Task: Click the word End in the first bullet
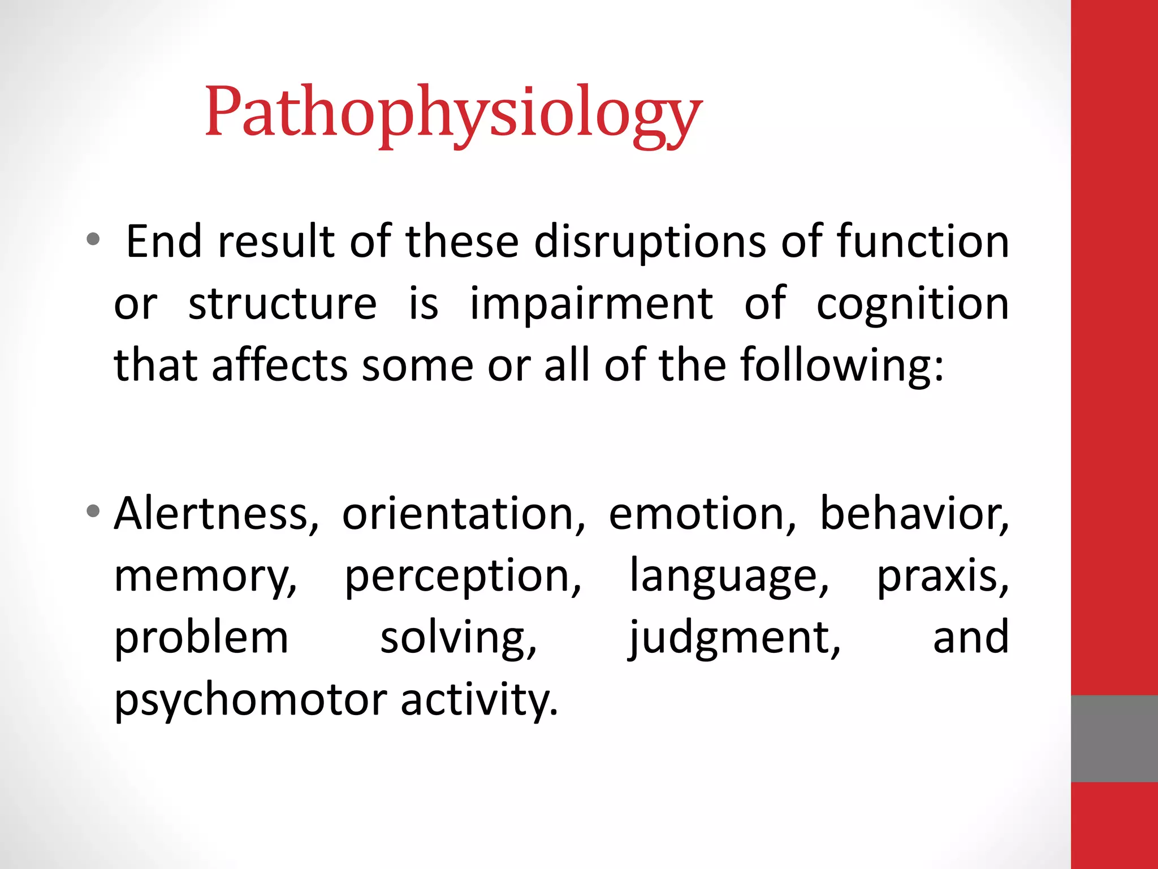(x=163, y=242)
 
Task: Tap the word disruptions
(x=650, y=242)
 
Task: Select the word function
(x=923, y=242)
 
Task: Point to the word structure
(x=282, y=304)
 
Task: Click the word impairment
(x=591, y=304)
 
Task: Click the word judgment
(x=734, y=638)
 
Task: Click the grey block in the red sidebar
(x=1114, y=738)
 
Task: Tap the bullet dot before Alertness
(x=93, y=512)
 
